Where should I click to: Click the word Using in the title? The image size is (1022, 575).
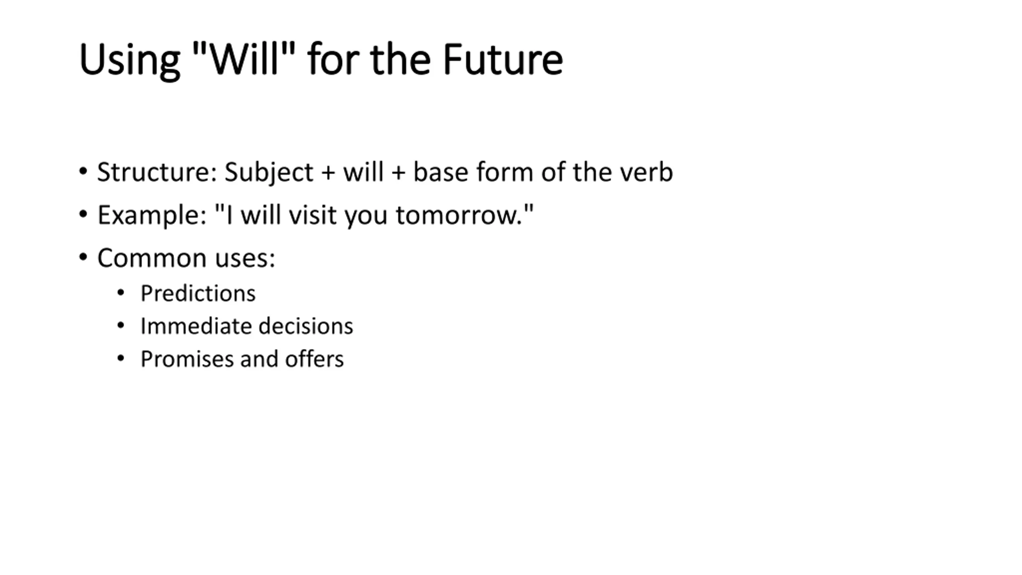[x=130, y=60]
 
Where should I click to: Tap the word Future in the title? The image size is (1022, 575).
[x=503, y=59]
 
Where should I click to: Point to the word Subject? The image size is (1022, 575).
[x=269, y=172]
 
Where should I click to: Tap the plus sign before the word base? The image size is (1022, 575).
[x=398, y=174]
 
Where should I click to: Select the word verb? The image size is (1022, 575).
[x=646, y=172]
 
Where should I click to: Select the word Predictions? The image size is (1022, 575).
[x=198, y=293]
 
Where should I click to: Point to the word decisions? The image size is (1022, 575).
[x=306, y=326]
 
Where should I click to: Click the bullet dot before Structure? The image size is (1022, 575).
[x=83, y=172]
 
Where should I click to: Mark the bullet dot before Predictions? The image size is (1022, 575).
[x=121, y=293]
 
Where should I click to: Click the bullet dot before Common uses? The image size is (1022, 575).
[x=83, y=258]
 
